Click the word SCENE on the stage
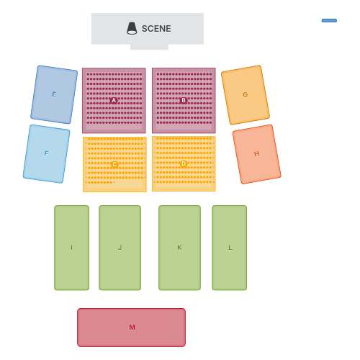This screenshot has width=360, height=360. click(156, 29)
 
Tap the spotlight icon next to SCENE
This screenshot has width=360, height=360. click(132, 29)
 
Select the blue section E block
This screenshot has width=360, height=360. click(54, 94)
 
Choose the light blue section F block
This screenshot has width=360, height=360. click(46, 154)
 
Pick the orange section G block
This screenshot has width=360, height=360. click(246, 95)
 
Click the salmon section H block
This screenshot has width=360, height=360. click(256, 154)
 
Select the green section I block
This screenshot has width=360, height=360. click(71, 248)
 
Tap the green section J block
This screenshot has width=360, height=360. click(120, 248)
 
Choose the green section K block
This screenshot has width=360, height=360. click(179, 248)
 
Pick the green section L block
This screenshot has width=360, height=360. click(230, 248)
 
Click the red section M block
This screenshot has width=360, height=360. click(131, 328)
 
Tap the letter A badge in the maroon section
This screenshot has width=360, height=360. click(114, 101)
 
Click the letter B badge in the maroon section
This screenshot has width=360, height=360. click(184, 100)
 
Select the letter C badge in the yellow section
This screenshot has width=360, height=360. click(114, 164)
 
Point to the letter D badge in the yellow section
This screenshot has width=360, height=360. click(184, 163)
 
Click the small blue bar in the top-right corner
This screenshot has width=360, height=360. click(329, 21)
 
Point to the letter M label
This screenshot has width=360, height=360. click(132, 328)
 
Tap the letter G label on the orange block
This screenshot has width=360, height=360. click(246, 95)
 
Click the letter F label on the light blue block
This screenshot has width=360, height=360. click(46, 153)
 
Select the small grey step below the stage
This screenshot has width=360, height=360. click(149, 47)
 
